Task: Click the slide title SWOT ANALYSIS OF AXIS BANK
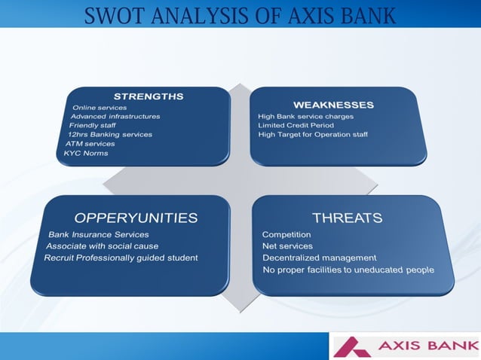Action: tap(240, 15)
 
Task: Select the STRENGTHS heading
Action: tap(148, 96)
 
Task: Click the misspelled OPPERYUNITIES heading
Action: tap(130, 218)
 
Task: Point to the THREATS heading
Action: tap(347, 218)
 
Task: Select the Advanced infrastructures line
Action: tap(115, 116)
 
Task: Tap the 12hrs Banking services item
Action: tap(109, 134)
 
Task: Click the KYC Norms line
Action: tap(86, 153)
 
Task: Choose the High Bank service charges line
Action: tap(305, 116)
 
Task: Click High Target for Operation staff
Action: tap(313, 134)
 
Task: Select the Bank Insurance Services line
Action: tap(98, 235)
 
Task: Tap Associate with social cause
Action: tap(103, 246)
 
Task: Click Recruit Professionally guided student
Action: tap(121, 258)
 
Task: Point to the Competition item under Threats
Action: tap(286, 235)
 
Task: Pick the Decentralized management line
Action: tap(319, 258)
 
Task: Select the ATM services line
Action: tap(90, 143)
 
